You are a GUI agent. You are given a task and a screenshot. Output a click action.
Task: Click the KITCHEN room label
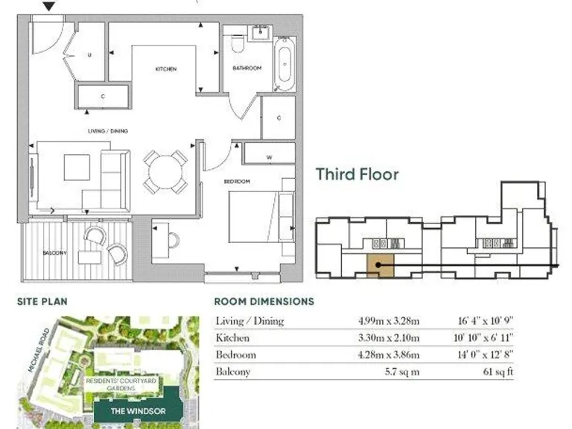(x=165, y=69)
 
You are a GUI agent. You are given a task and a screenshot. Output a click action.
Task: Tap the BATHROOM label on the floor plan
(x=247, y=69)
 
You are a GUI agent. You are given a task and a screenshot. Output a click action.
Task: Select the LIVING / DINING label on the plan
(x=108, y=131)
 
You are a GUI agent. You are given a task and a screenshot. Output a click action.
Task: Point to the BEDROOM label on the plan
(x=237, y=181)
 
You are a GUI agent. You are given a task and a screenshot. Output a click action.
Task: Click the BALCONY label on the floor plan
(x=54, y=253)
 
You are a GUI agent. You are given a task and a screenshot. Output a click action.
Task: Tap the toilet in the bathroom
(x=238, y=48)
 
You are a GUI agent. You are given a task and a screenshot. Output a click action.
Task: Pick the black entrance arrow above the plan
(x=50, y=7)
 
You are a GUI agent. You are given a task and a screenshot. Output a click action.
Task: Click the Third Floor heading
(x=357, y=174)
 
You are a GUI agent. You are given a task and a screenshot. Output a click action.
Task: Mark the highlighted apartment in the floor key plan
(x=380, y=265)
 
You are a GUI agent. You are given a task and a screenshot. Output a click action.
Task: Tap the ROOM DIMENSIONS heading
(x=264, y=302)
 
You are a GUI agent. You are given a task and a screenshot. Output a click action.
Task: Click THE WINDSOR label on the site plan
(x=131, y=410)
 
